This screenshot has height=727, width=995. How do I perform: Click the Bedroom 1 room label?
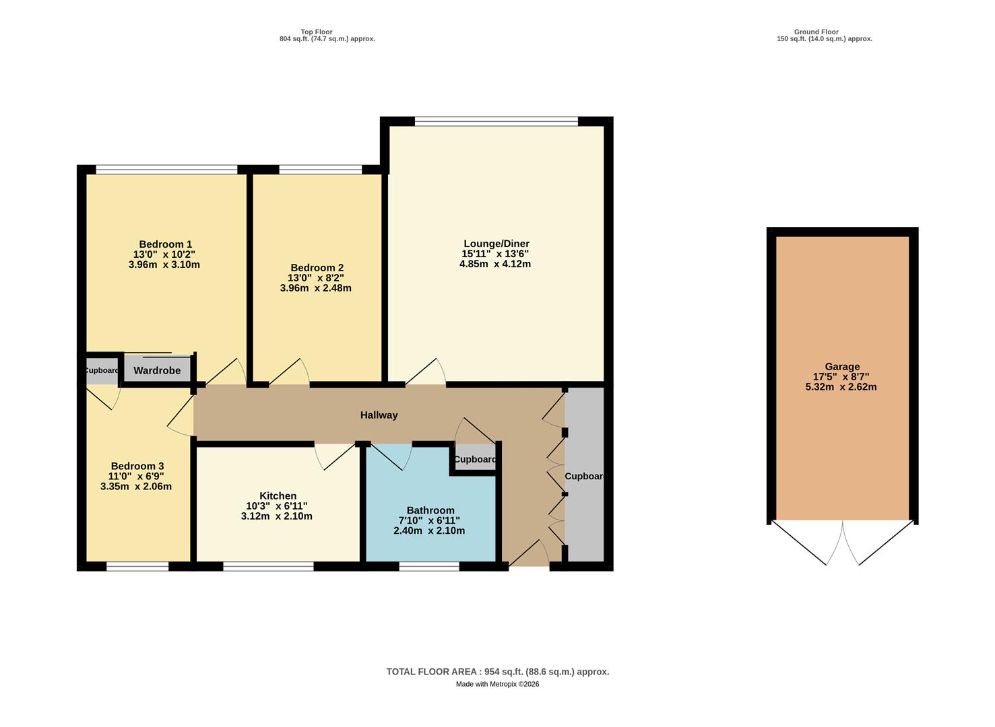pos(165,244)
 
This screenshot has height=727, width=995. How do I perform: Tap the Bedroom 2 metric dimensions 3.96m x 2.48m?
pos(315,288)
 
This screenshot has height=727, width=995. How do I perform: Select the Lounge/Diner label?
pos(496,244)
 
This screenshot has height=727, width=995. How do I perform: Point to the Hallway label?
pos(379,415)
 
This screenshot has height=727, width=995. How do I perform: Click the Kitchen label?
pos(278,496)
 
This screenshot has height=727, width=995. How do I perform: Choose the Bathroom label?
pos(430,510)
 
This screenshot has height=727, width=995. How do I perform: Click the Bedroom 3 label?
pos(137,466)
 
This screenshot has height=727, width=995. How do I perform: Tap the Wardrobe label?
pos(157,371)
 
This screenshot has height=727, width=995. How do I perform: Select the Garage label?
pos(842,367)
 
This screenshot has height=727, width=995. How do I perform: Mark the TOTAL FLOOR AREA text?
pos(497,672)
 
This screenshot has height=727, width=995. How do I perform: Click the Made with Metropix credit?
pos(497,684)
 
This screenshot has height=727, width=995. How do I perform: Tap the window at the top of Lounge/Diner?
pos(496,122)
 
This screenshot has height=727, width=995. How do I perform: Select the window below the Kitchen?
pos(268,567)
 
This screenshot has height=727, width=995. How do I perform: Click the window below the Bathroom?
pos(429,567)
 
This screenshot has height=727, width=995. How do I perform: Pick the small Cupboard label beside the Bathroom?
pos(475,460)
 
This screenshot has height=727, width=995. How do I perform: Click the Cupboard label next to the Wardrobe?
pos(101,370)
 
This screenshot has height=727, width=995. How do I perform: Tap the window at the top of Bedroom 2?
pos(320,170)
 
